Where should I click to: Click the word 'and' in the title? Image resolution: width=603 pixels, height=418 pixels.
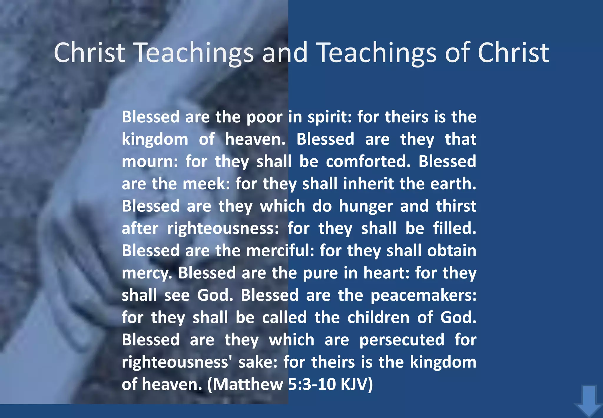point(285,53)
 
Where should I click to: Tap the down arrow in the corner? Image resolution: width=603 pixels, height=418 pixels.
point(588,401)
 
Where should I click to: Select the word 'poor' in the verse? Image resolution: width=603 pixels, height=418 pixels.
point(264,117)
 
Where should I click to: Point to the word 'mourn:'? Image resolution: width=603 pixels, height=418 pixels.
point(150,162)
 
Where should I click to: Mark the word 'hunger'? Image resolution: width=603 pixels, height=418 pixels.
point(366,206)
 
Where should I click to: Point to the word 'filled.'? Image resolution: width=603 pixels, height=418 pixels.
point(454,228)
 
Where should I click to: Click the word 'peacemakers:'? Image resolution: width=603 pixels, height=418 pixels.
point(423,295)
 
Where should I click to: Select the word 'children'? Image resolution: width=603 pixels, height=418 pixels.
point(378,318)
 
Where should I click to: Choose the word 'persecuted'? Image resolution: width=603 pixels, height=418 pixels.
point(402,340)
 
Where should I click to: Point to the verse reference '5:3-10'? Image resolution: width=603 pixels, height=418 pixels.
point(312,385)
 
